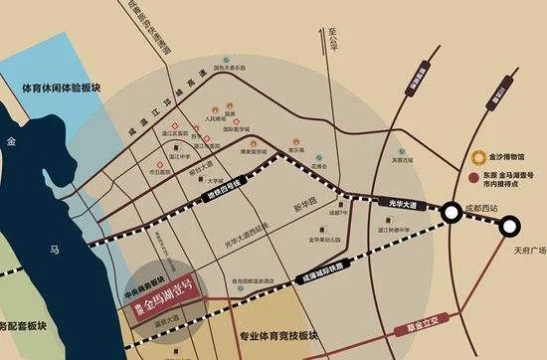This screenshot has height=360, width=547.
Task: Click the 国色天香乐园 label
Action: coord(230,69)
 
